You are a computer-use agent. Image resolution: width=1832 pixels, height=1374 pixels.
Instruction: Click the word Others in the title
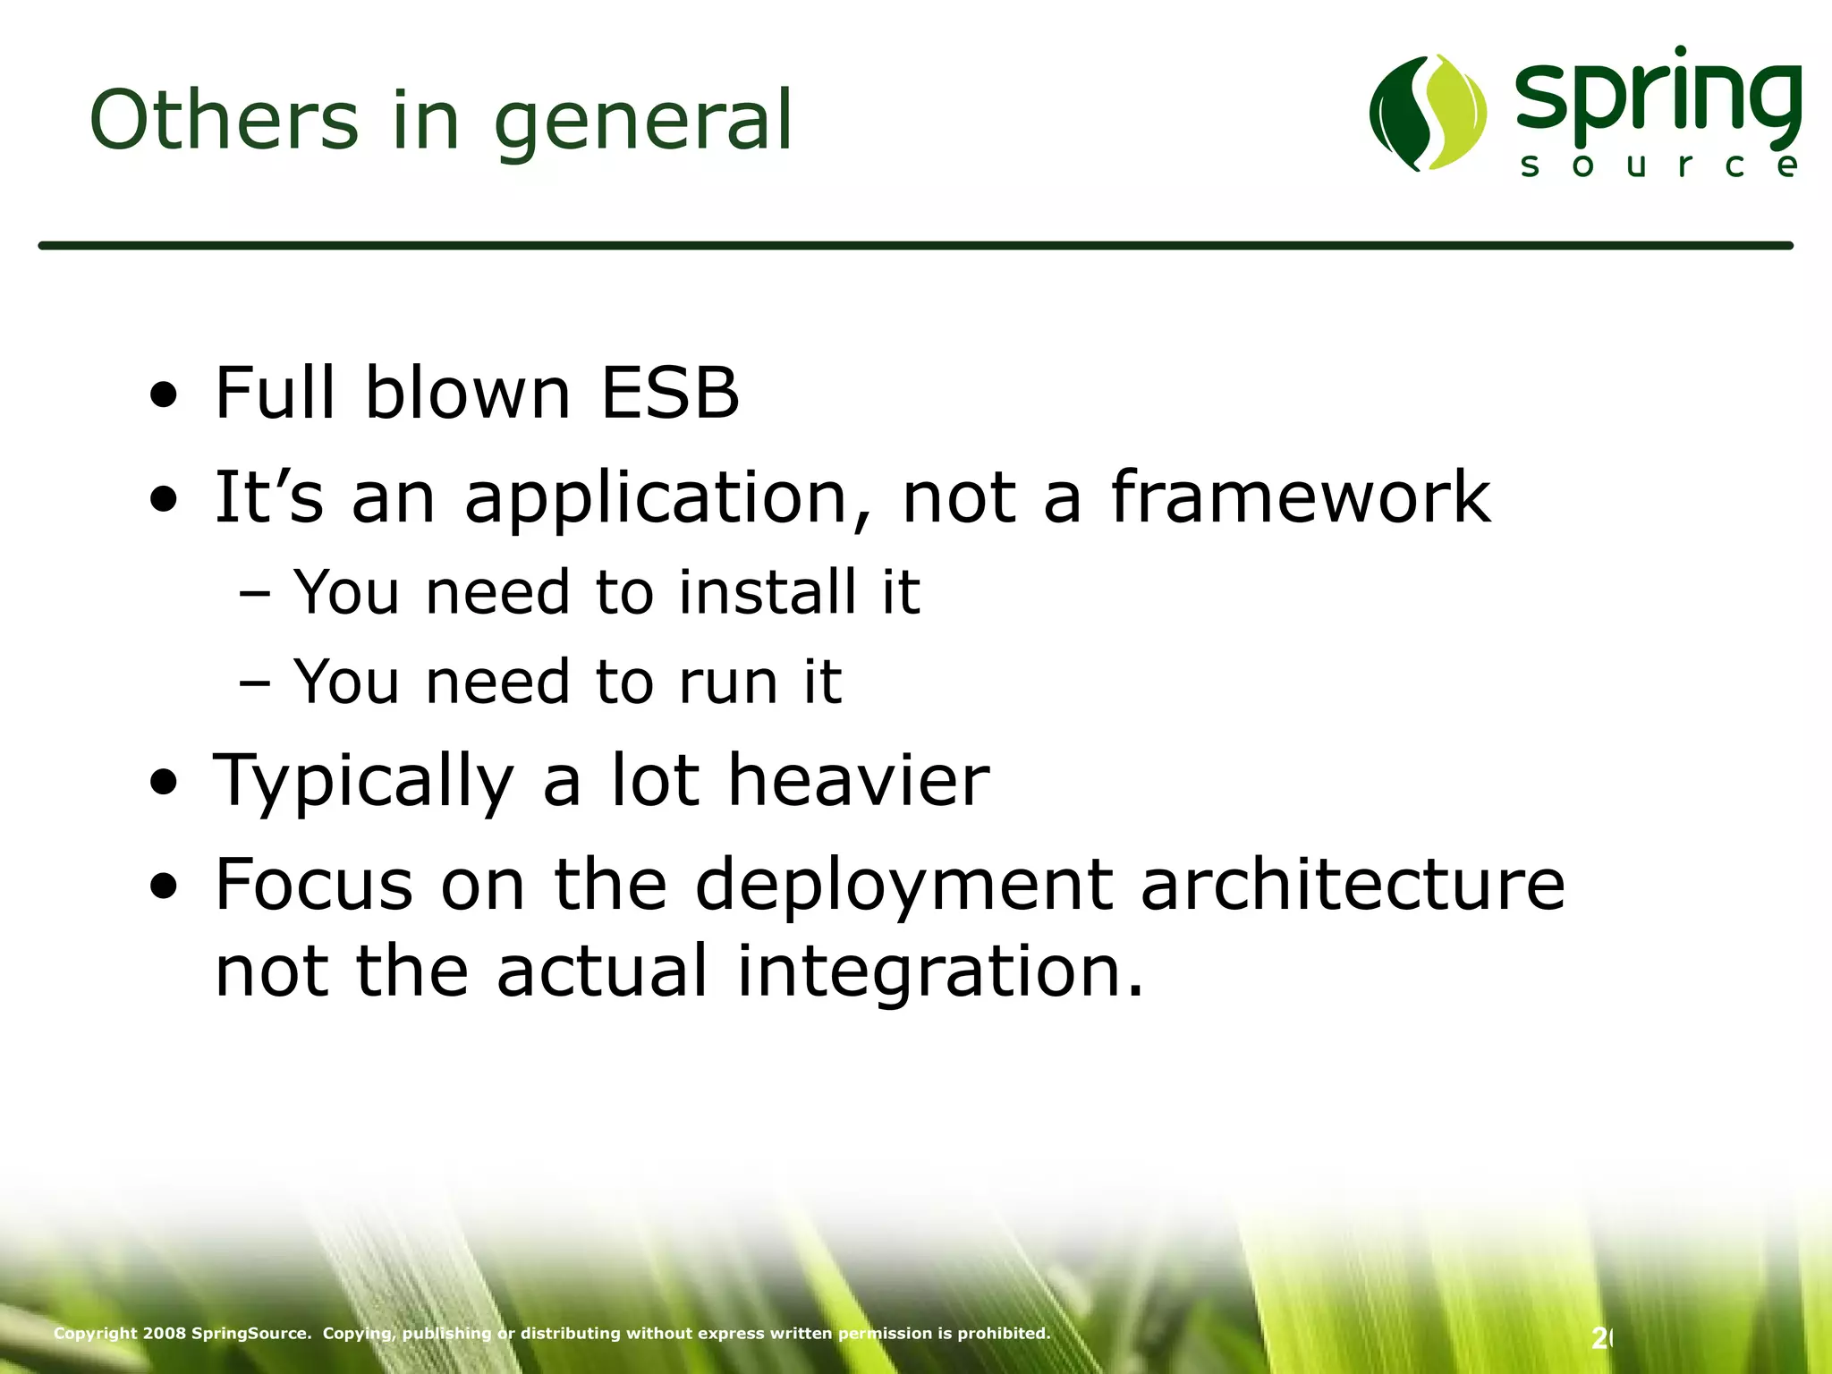click(x=224, y=120)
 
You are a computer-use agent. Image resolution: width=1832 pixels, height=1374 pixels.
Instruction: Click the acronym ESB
click(x=670, y=393)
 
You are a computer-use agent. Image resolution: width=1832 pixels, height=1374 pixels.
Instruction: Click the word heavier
click(x=858, y=780)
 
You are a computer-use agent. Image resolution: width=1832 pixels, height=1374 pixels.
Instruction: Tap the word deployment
click(x=903, y=886)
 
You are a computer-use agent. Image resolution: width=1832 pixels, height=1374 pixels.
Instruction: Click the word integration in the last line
click(x=939, y=972)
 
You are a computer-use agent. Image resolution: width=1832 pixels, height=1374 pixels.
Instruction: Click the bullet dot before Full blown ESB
click(x=164, y=394)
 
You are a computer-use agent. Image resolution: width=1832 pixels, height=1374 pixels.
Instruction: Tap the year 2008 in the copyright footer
click(x=165, y=1333)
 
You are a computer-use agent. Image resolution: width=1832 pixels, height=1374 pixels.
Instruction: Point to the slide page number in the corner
click(x=1600, y=1338)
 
